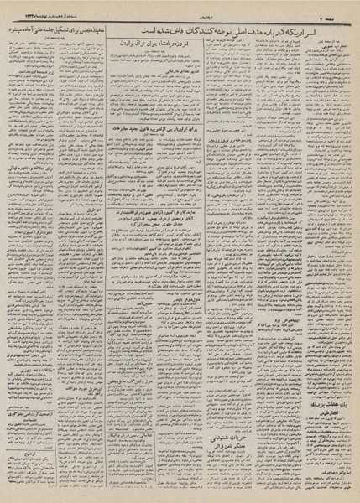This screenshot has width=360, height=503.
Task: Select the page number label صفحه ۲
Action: click(341, 8)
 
